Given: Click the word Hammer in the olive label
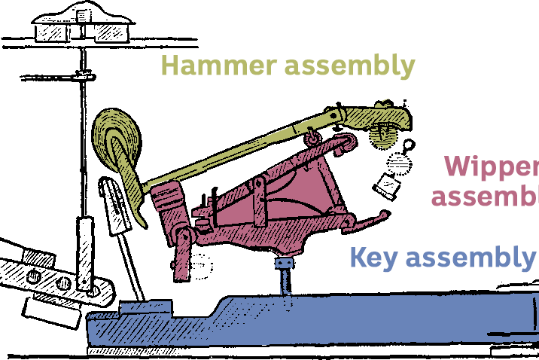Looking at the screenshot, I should pyautogui.click(x=218, y=66).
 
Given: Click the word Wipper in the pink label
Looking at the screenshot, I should pyautogui.click(x=490, y=167).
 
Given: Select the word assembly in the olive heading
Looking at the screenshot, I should pyautogui.click(x=349, y=66).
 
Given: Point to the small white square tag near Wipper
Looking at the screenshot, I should pyautogui.click(x=388, y=184).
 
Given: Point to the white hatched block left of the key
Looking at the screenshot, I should pyautogui.click(x=50, y=309).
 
